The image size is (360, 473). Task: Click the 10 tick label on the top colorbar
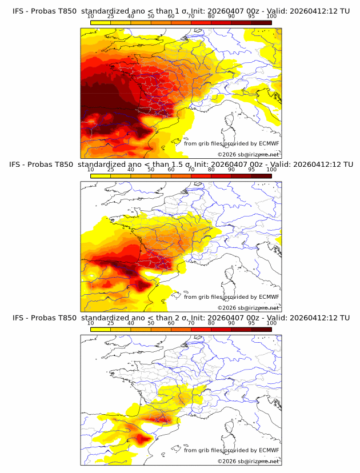[90, 17]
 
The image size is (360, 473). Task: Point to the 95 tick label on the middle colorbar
[251, 170]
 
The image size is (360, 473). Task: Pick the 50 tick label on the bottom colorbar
[151, 323]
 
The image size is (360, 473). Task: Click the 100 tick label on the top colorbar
[271, 17]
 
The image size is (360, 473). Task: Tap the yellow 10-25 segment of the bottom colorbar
[100, 329]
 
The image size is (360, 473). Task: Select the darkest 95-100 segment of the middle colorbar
[261, 176]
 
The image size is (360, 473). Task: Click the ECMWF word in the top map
[269, 143]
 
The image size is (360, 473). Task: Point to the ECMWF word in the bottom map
[269, 450]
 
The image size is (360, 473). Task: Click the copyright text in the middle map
[248, 307]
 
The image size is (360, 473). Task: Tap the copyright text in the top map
[248, 154]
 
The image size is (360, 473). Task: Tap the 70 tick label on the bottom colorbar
[191, 323]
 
